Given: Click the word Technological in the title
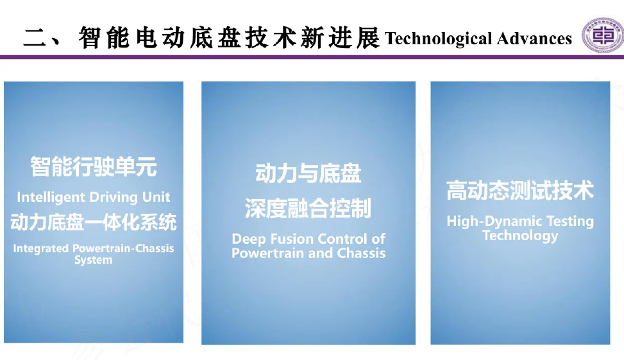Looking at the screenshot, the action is (438, 39).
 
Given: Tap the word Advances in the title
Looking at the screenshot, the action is (534, 39).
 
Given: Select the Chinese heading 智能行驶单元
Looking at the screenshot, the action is (94, 166).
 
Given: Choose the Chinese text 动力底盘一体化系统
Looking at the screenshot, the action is (94, 222).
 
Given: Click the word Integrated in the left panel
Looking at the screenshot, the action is (41, 249).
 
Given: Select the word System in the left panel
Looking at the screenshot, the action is (94, 260).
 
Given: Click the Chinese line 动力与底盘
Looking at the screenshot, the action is (308, 174).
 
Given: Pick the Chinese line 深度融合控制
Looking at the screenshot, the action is (308, 209).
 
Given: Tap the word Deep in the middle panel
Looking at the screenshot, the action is (249, 239).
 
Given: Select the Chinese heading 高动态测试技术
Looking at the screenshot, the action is (520, 191).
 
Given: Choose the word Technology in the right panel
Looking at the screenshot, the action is (521, 236).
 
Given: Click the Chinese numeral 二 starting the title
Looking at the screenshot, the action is (35, 38).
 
